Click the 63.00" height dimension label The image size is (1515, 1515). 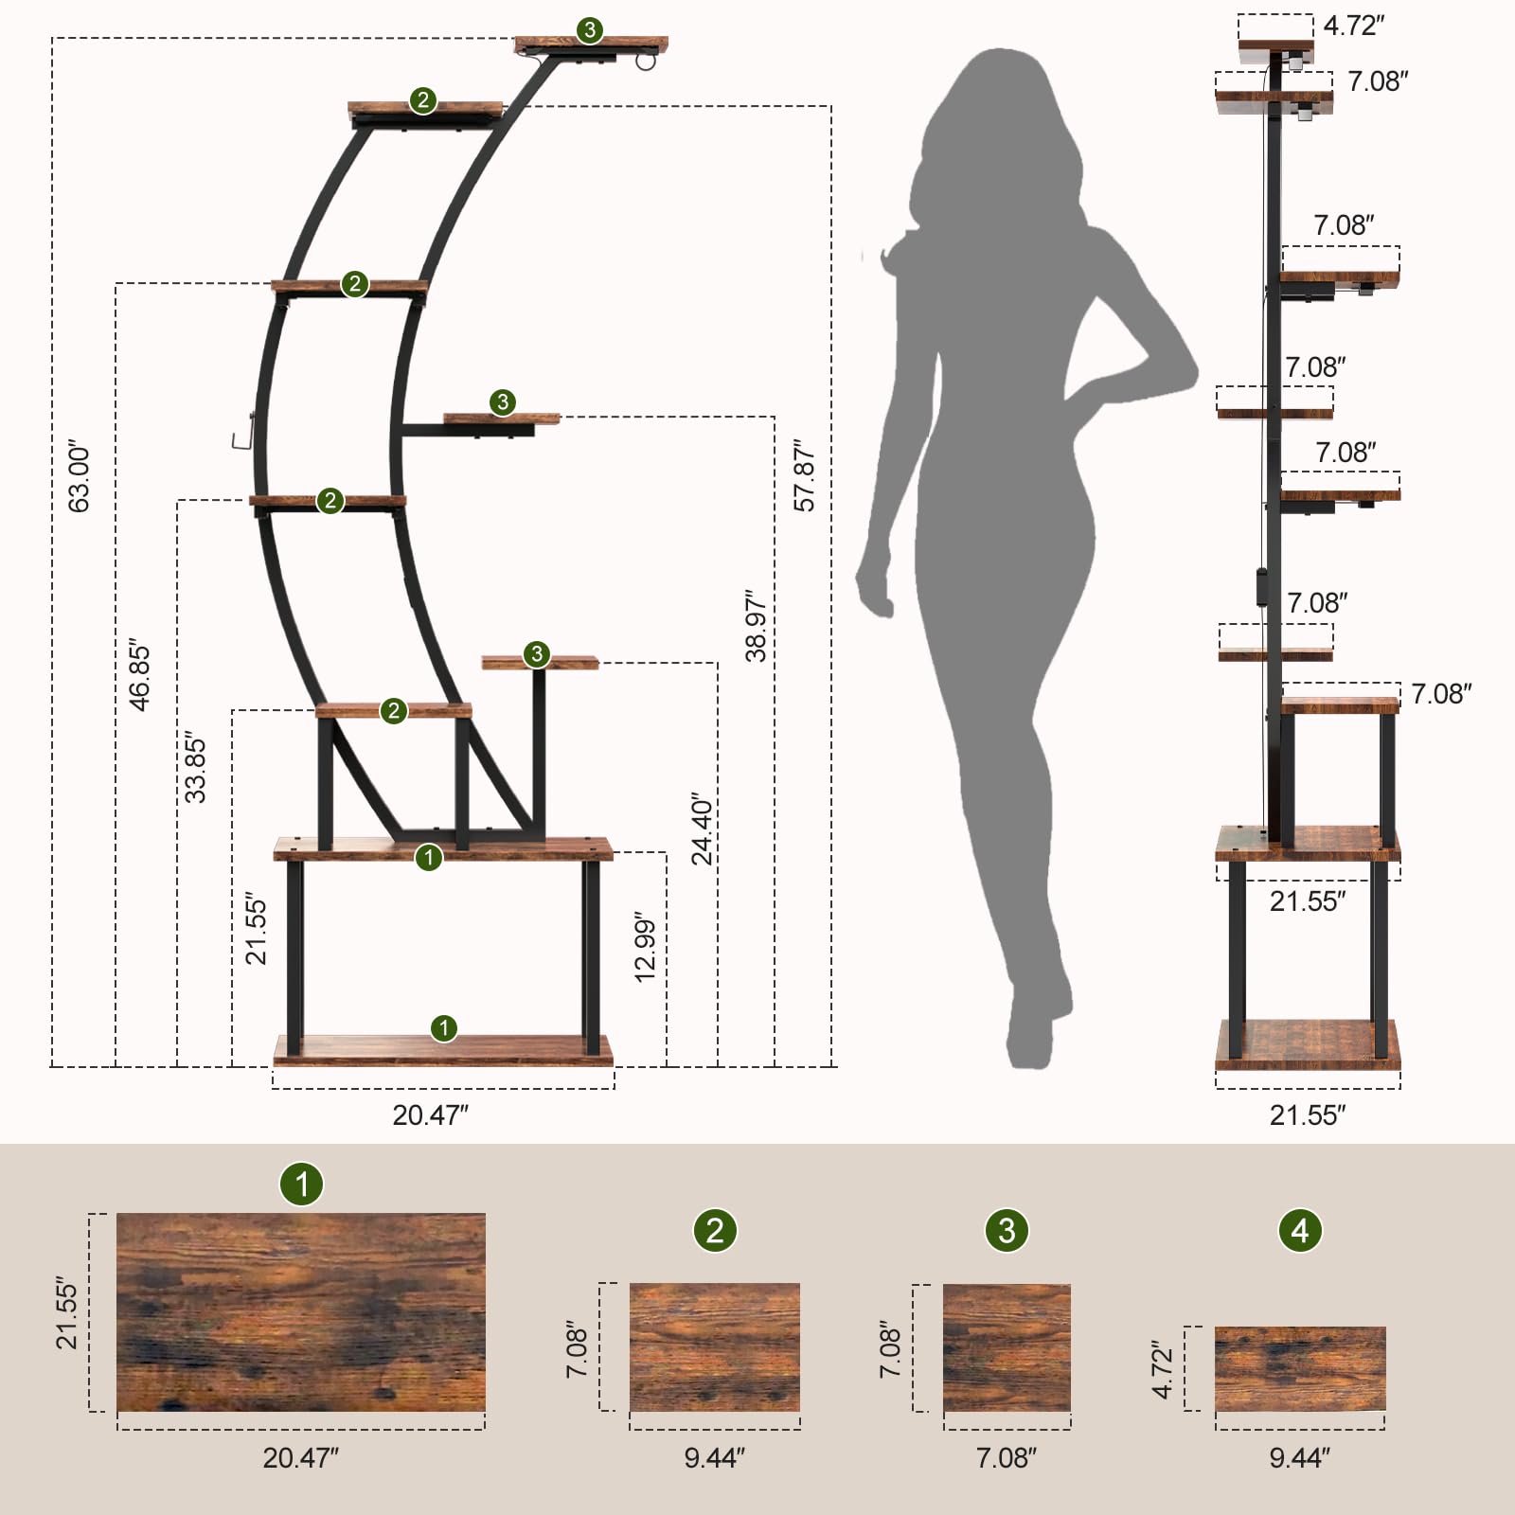click(80, 476)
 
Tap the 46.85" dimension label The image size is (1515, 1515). click(139, 676)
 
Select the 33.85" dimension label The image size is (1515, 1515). click(194, 767)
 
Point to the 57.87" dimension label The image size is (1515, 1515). click(804, 476)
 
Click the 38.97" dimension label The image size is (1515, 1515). click(756, 626)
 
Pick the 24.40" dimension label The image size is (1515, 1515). click(702, 829)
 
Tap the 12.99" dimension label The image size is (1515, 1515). click(645, 948)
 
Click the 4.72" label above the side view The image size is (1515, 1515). click(1353, 26)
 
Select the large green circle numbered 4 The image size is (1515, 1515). click(1300, 1230)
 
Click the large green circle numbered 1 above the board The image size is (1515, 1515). click(302, 1184)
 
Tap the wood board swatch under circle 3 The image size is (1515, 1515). click(1007, 1347)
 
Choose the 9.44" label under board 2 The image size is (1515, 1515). click(715, 1457)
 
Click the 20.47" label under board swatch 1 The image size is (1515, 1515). click(300, 1457)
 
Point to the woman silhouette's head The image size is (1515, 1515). click(1004, 114)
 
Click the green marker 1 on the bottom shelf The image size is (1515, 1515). click(444, 1028)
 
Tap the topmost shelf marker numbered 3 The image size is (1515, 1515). click(590, 30)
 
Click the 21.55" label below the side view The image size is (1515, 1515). click(1307, 1114)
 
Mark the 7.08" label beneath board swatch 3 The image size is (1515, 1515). click(1007, 1457)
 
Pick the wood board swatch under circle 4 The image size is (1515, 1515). click(1300, 1368)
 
